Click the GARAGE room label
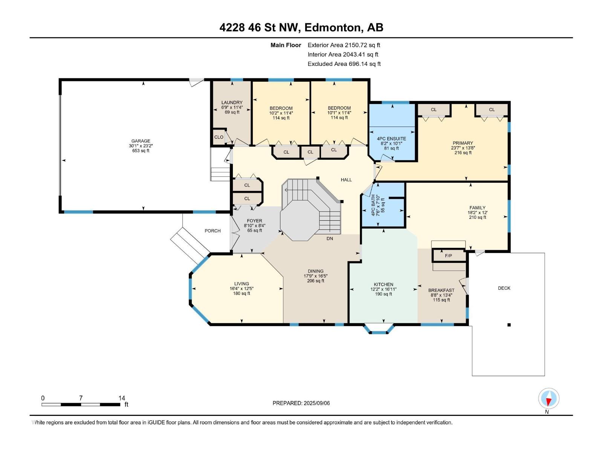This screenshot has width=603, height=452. click(141, 141)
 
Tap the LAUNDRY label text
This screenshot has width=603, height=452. click(232, 102)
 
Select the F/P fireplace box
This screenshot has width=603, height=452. click(449, 255)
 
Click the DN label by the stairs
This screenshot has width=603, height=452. click(330, 238)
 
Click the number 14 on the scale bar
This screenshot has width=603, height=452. click(122, 398)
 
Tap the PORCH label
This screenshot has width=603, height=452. click(213, 231)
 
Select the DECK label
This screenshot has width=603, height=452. click(504, 288)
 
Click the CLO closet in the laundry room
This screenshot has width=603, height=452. click(219, 137)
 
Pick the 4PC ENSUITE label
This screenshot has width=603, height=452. click(392, 139)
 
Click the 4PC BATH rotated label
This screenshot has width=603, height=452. click(373, 205)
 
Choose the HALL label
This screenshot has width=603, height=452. click(346, 180)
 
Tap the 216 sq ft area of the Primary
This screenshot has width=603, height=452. click(463, 153)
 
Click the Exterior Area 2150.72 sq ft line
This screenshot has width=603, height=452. click(344, 45)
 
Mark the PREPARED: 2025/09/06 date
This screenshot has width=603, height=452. click(301, 403)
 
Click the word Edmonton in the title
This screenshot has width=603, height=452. click(332, 27)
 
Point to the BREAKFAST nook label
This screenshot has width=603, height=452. click(441, 290)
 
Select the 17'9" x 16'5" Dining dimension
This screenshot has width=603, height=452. click(316, 276)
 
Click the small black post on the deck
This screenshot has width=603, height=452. click(509, 325)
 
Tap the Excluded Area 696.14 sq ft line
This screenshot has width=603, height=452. click(344, 64)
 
